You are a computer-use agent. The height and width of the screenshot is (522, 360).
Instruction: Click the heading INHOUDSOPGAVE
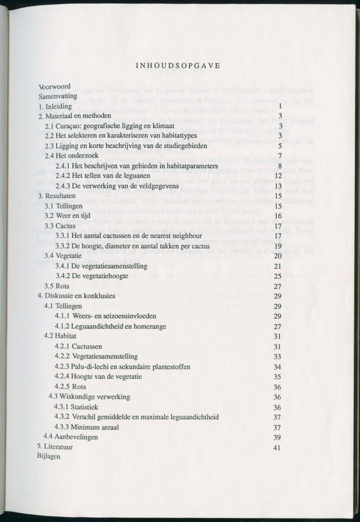point(178,66)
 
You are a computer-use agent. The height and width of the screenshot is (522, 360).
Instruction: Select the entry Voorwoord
point(54,87)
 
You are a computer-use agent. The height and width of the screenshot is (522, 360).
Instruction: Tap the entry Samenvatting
point(57,96)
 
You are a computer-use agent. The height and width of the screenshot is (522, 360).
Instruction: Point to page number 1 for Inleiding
point(281,106)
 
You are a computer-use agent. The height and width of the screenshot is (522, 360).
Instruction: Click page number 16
point(279,216)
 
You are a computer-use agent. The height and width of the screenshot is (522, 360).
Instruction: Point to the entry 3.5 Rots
point(57,286)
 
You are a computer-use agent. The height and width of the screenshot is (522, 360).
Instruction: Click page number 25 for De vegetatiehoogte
point(278,276)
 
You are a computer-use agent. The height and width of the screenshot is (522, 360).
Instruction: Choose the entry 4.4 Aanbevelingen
point(71,437)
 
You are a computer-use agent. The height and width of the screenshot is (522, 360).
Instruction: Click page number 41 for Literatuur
point(277,448)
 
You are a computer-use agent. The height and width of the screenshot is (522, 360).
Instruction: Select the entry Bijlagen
point(49,456)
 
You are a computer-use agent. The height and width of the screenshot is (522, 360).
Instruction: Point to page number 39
point(277,437)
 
